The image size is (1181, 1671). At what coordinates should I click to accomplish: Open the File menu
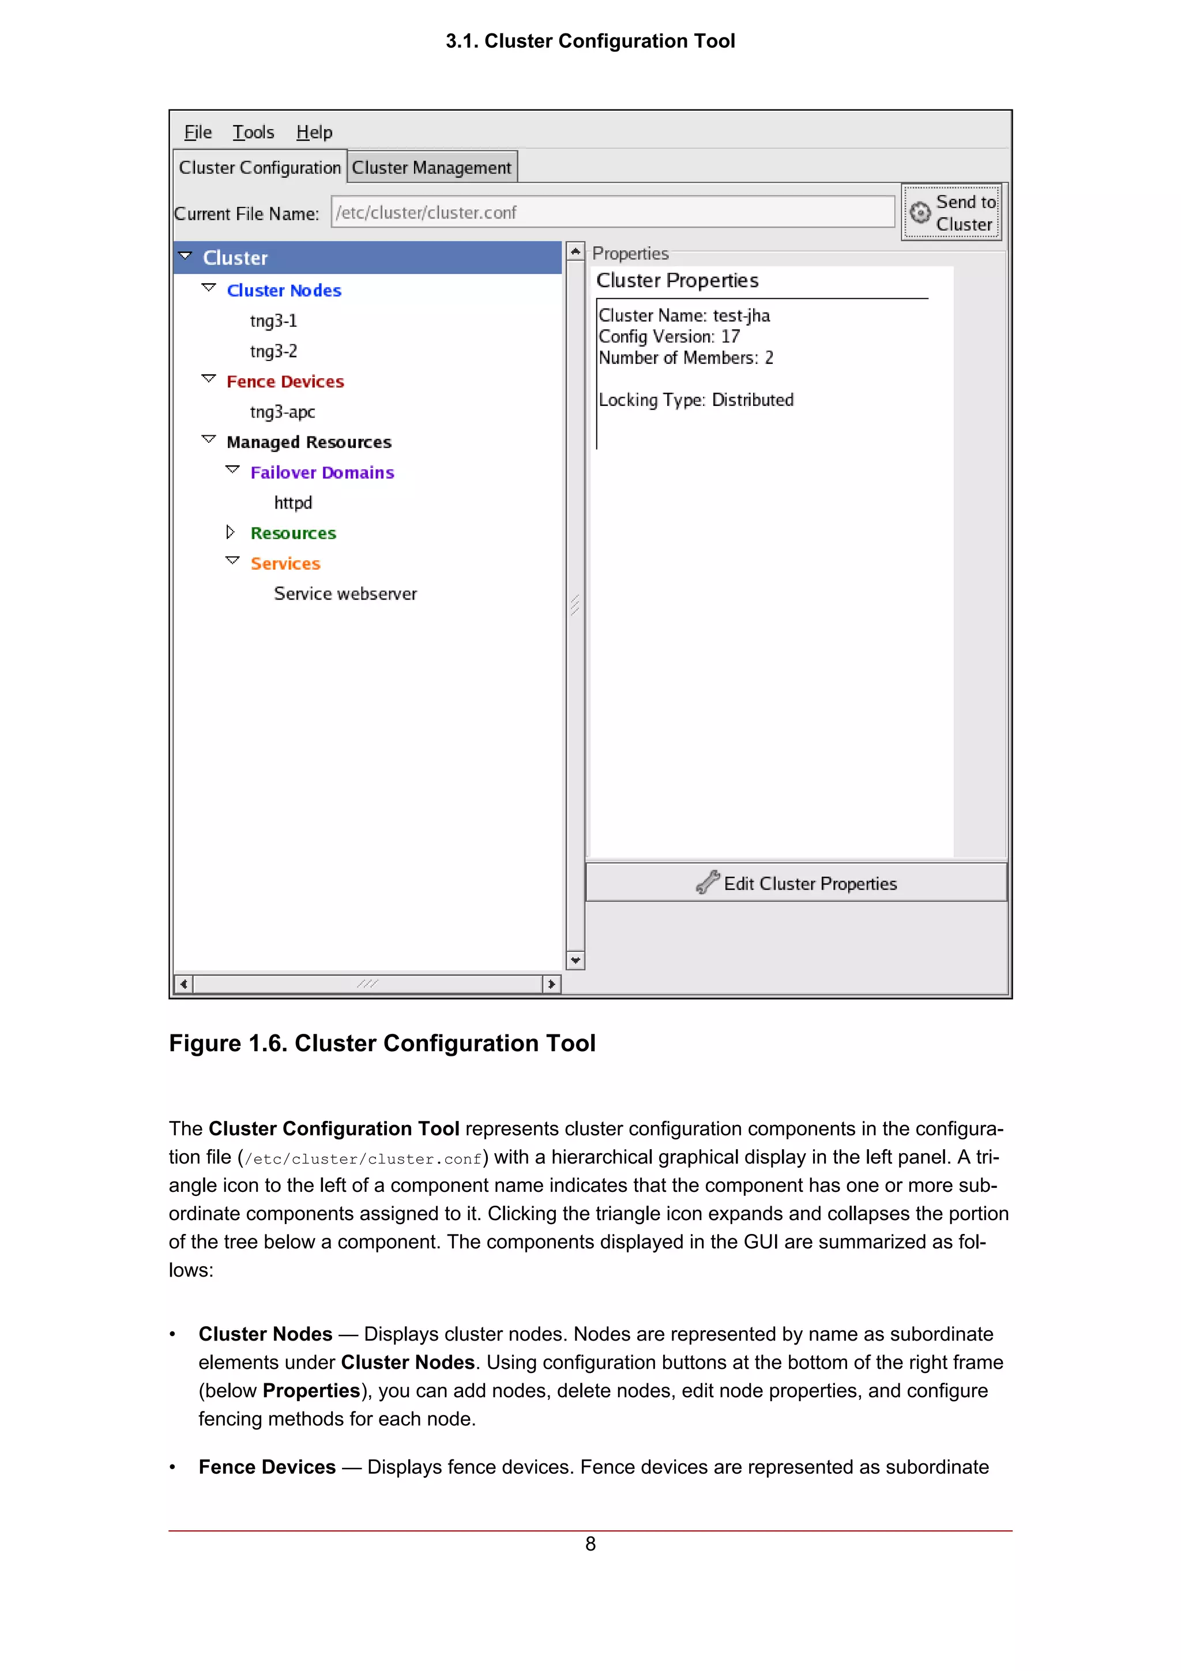[197, 133]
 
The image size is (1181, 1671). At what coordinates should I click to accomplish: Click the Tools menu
[253, 133]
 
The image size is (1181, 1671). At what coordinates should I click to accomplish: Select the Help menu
[314, 133]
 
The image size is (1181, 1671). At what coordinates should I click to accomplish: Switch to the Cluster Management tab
[431, 167]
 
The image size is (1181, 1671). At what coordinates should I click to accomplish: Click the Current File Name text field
[612, 213]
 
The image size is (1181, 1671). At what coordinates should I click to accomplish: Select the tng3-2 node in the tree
[273, 352]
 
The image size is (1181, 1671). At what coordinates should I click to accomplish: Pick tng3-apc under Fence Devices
[283, 412]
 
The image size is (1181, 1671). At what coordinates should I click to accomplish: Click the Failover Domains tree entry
[322, 473]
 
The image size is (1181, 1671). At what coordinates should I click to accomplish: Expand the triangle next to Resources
[231, 533]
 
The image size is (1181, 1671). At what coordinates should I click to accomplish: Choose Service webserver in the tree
[345, 594]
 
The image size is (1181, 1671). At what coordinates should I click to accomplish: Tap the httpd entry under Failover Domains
[292, 503]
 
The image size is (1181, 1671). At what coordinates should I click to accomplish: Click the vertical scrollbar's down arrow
[576, 961]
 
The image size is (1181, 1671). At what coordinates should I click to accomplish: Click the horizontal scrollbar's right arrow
[551, 984]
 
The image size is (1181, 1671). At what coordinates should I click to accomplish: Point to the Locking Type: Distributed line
[695, 400]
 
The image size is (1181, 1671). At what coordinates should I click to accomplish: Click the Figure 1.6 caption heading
[382, 1043]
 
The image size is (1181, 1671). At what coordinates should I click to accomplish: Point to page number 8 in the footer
[590, 1544]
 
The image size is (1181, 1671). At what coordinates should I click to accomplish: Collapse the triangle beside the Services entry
[232, 561]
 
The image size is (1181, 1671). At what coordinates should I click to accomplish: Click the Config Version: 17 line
[669, 337]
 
